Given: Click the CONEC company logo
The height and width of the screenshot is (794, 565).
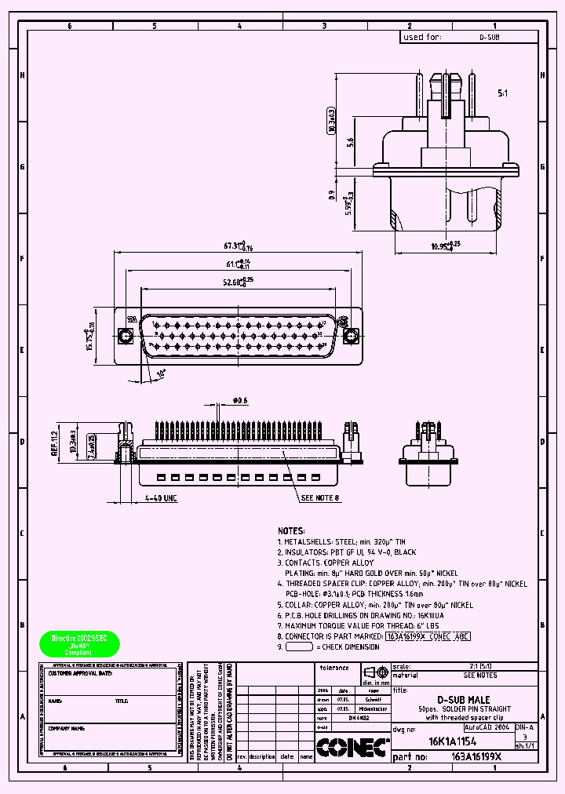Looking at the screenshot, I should pos(352,748).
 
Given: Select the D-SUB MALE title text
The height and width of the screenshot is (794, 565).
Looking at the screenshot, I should pos(463,699).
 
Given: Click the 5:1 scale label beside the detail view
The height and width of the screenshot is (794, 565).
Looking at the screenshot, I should pos(503,93).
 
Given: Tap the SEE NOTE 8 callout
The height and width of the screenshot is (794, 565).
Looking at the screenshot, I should pos(320,497).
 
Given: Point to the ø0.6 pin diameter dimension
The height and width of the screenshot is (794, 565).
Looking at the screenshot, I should pos(239,401).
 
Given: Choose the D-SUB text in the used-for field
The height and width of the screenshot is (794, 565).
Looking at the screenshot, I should pos(489,37).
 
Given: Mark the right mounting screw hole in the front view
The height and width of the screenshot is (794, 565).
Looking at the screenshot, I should pos(351,336).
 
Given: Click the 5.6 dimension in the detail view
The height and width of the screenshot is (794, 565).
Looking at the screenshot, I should pos(350,142).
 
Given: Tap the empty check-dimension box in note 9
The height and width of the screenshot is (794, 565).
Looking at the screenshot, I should pos(299,647).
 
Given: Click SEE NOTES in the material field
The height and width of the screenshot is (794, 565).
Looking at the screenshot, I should pos(479,675).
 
